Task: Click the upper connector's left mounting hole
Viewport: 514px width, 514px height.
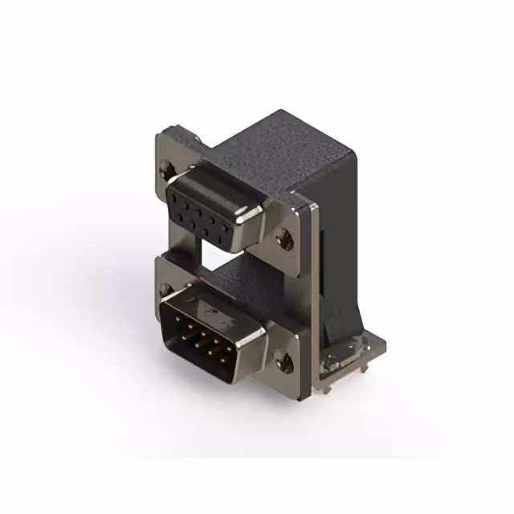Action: point(168,169)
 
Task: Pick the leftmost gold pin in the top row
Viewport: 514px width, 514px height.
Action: point(177,316)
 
